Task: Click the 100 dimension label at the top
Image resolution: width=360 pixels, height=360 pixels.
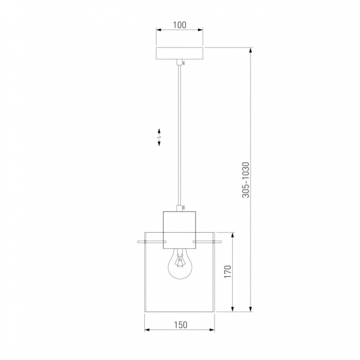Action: coord(179,25)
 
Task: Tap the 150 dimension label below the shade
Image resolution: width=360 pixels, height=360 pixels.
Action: coord(180,325)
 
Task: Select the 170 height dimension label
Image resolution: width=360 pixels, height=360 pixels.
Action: coord(228,271)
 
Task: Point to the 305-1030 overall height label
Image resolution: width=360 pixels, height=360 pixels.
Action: coord(246,180)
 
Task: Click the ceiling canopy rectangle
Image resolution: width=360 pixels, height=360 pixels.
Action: coord(179,53)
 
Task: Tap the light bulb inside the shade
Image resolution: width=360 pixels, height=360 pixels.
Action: coord(180,264)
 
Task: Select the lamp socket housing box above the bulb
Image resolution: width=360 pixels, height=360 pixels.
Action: coord(179,230)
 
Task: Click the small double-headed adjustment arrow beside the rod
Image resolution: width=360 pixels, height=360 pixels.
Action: coord(159,138)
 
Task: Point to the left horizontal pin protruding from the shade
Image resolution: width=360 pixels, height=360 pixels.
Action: coord(152,241)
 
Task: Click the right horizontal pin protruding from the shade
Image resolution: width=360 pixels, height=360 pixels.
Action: coord(207,241)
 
